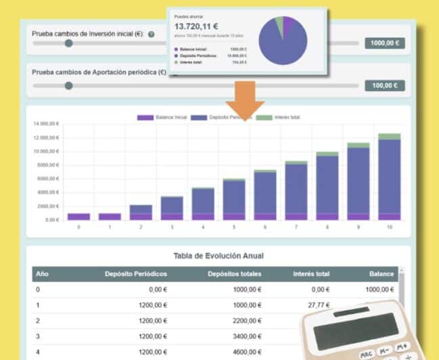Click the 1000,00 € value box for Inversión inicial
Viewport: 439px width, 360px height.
coord(385,43)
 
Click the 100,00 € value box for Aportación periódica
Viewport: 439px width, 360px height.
coord(385,85)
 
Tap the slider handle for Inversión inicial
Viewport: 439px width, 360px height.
coord(68,43)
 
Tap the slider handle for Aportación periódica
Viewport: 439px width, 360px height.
coord(68,86)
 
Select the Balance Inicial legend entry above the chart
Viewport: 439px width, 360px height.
coord(162,118)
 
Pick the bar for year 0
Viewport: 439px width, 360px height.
coord(78,217)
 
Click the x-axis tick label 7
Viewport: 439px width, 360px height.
coord(296,227)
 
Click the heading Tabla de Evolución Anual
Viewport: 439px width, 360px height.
coord(218,256)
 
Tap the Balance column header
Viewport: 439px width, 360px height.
coord(382,274)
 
